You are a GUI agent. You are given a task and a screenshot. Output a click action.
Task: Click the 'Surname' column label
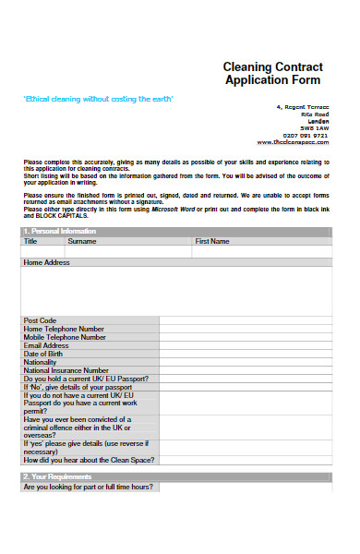pos(81,241)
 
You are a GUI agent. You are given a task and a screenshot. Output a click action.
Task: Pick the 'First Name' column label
pos(212,241)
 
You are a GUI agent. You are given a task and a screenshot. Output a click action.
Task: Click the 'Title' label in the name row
pos(30,241)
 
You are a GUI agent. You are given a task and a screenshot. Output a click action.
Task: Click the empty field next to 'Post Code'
pos(244,320)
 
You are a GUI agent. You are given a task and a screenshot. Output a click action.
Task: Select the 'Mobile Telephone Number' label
pos(66,337)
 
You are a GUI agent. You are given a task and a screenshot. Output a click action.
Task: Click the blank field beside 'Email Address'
pos(244,345)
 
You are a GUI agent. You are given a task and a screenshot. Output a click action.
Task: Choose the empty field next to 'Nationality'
pos(244,362)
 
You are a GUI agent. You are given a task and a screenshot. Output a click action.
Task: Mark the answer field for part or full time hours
pos(244,487)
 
